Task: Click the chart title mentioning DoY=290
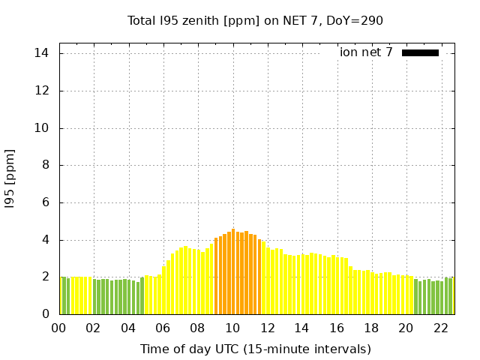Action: click(x=255, y=20)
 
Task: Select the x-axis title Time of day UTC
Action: click(x=255, y=349)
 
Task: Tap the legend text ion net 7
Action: click(x=366, y=52)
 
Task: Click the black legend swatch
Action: click(x=420, y=52)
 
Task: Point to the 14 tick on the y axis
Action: click(x=42, y=53)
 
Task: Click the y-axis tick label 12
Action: click(x=42, y=91)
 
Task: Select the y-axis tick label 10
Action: click(x=42, y=128)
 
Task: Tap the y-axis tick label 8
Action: click(x=46, y=165)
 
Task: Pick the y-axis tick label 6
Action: click(x=46, y=202)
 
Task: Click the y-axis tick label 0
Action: click(x=46, y=314)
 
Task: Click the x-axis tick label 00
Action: click(x=58, y=328)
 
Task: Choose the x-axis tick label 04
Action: click(x=128, y=328)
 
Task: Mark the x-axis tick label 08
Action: click(x=197, y=328)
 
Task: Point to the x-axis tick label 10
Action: click(x=232, y=328)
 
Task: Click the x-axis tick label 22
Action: click(x=440, y=328)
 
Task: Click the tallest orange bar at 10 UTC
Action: click(x=233, y=271)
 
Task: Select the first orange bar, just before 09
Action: click(x=216, y=276)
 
